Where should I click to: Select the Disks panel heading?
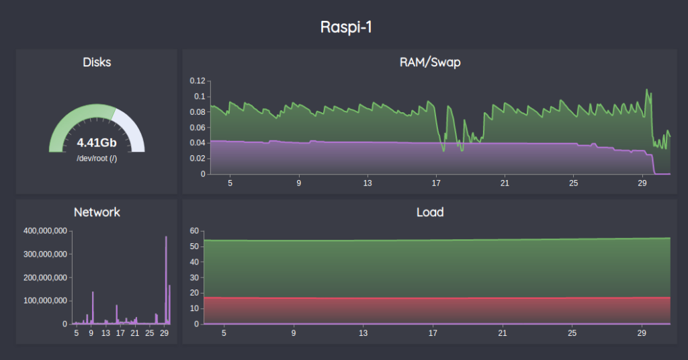[x=97, y=62]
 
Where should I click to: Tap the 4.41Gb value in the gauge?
[x=97, y=142]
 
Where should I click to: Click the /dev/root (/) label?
[x=97, y=159]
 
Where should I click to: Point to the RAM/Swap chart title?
[x=429, y=62]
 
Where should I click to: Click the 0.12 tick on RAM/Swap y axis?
[x=196, y=81]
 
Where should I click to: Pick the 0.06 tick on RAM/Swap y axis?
[x=196, y=128]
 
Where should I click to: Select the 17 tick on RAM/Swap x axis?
[x=436, y=183]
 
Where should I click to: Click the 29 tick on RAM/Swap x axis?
[x=642, y=183]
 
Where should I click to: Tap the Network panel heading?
[x=97, y=212]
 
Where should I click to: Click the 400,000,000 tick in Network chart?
[x=45, y=231]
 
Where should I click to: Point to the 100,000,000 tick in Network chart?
[x=45, y=301]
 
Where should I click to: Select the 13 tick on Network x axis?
[x=105, y=332]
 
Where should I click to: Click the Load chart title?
[x=429, y=212]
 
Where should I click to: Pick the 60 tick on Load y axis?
[x=194, y=231]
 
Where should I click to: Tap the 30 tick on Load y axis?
[x=194, y=277]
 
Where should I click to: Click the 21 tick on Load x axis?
[x=503, y=332]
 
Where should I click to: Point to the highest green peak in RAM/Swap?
[x=647, y=90]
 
